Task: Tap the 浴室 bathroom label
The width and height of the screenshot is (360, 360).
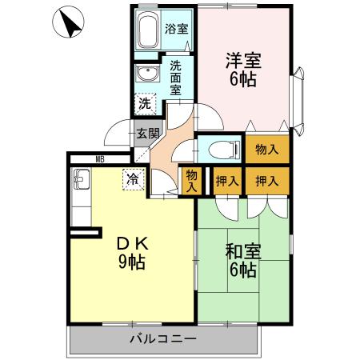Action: (x=176, y=29)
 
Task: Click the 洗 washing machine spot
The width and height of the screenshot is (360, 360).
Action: (x=144, y=103)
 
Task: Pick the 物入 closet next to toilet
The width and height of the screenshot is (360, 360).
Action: (x=267, y=149)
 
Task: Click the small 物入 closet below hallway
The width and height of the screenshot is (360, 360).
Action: (x=191, y=180)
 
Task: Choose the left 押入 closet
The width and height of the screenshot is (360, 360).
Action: (x=227, y=181)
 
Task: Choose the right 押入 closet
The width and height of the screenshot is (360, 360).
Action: (x=266, y=181)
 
